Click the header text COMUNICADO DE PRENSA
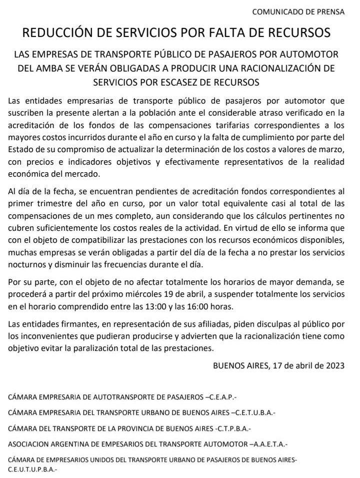click(298, 12)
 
